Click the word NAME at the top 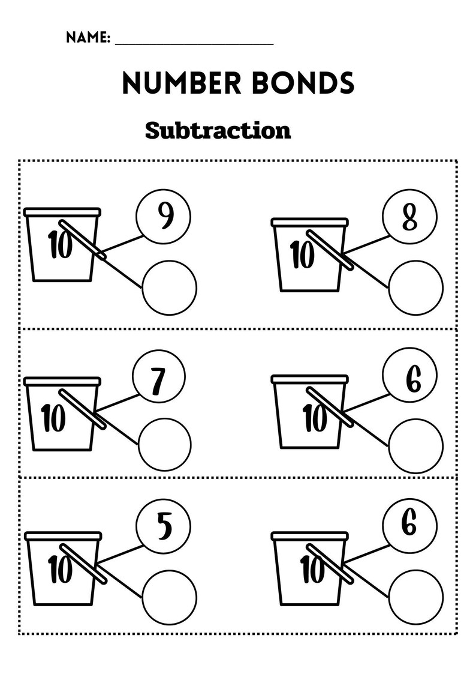(88, 38)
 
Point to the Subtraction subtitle (218, 130)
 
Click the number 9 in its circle (164, 216)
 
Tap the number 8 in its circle (410, 218)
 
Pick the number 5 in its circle (164, 527)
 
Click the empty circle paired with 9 (170, 287)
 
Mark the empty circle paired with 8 (416, 288)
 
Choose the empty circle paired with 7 (165, 445)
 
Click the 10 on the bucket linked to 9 (61, 246)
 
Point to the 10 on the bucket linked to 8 (302, 255)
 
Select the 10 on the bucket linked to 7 (54, 418)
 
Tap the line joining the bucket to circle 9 (123, 244)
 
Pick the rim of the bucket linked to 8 (309, 222)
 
